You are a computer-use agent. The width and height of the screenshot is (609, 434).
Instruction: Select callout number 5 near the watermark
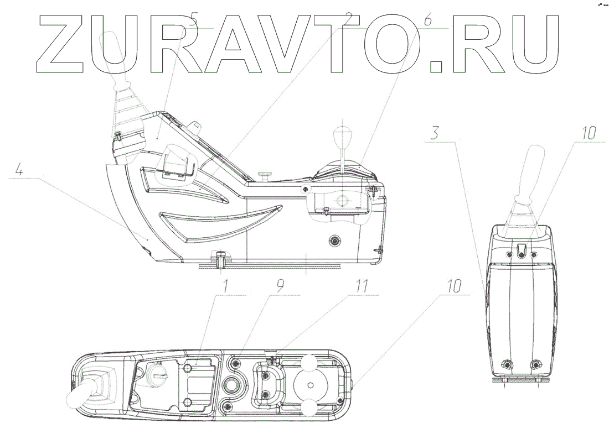(x=193, y=22)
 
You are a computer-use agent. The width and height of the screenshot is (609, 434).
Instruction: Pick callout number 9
(x=281, y=286)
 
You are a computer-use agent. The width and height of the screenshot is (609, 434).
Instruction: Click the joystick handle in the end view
(x=529, y=169)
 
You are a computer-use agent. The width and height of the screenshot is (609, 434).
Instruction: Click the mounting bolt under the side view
(x=221, y=258)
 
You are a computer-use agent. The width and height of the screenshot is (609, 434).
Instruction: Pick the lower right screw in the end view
(x=535, y=365)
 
